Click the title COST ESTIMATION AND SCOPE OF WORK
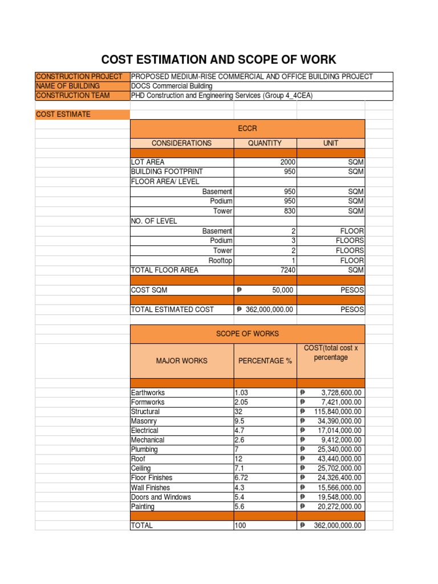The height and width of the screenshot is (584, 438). [218, 59]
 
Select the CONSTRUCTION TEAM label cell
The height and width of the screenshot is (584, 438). [72, 96]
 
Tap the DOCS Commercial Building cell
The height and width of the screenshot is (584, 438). [172, 86]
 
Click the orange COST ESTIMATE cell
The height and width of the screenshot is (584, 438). [63, 115]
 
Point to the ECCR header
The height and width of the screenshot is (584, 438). [247, 129]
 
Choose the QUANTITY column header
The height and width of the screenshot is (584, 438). [265, 143]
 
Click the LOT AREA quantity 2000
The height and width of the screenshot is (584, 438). [285, 163]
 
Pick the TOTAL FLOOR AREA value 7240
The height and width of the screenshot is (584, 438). [285, 270]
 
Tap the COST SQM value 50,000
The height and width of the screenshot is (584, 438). [282, 290]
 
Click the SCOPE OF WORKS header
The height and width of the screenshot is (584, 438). [247, 334]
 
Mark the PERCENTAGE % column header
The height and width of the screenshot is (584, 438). [265, 360]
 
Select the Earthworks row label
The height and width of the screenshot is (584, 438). [148, 393]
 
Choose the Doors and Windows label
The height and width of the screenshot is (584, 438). [161, 497]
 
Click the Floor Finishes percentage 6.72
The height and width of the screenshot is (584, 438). [242, 478]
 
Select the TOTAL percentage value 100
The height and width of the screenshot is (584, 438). [240, 526]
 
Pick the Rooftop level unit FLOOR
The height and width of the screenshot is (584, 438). [352, 260]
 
